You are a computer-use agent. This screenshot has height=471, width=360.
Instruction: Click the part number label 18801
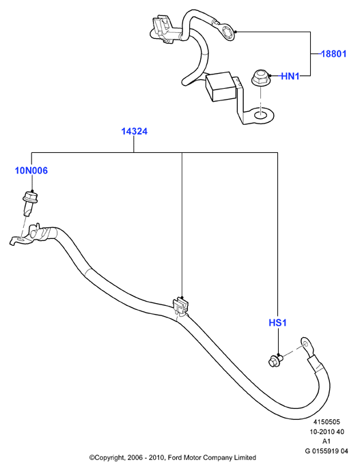pyautogui.click(x=334, y=54)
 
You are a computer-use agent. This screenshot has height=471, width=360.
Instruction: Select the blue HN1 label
pyautogui.click(x=290, y=76)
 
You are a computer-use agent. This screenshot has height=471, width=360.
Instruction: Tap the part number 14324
pyautogui.click(x=135, y=131)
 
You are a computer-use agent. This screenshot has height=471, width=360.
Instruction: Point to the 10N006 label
pyautogui.click(x=31, y=171)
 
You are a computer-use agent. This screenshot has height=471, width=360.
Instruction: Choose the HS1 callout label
pyautogui.click(x=277, y=323)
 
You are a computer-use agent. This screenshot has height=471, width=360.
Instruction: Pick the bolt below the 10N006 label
pyautogui.click(x=29, y=202)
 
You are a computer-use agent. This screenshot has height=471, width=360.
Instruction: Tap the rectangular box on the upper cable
pyautogui.click(x=220, y=86)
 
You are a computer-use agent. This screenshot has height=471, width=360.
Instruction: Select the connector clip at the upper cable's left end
pyautogui.click(x=163, y=29)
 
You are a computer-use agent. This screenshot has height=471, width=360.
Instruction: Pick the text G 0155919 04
pyautogui.click(x=327, y=451)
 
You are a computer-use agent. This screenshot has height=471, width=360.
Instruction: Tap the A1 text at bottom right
pyautogui.click(x=327, y=441)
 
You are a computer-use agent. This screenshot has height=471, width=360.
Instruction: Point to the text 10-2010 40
pyautogui.click(x=327, y=431)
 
